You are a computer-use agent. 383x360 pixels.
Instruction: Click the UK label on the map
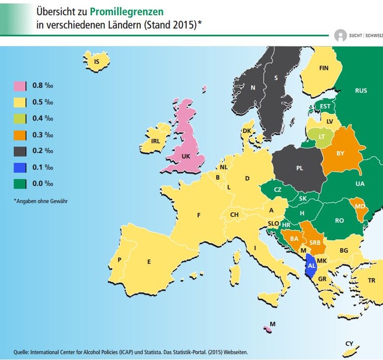click(186, 157)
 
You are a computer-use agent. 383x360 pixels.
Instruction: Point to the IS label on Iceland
click(97, 62)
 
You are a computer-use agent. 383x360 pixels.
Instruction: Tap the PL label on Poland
click(299, 168)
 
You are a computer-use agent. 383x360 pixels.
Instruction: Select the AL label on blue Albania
click(311, 266)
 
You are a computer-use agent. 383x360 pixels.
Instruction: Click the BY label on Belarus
click(340, 153)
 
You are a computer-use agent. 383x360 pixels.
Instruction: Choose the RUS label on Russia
click(361, 91)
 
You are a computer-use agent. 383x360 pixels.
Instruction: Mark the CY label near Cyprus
click(348, 343)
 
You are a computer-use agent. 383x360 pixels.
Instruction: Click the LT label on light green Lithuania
click(322, 137)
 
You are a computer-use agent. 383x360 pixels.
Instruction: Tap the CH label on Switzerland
click(234, 214)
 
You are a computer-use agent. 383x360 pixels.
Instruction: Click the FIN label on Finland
click(324, 68)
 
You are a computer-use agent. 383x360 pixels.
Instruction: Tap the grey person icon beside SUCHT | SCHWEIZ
click(340, 36)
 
